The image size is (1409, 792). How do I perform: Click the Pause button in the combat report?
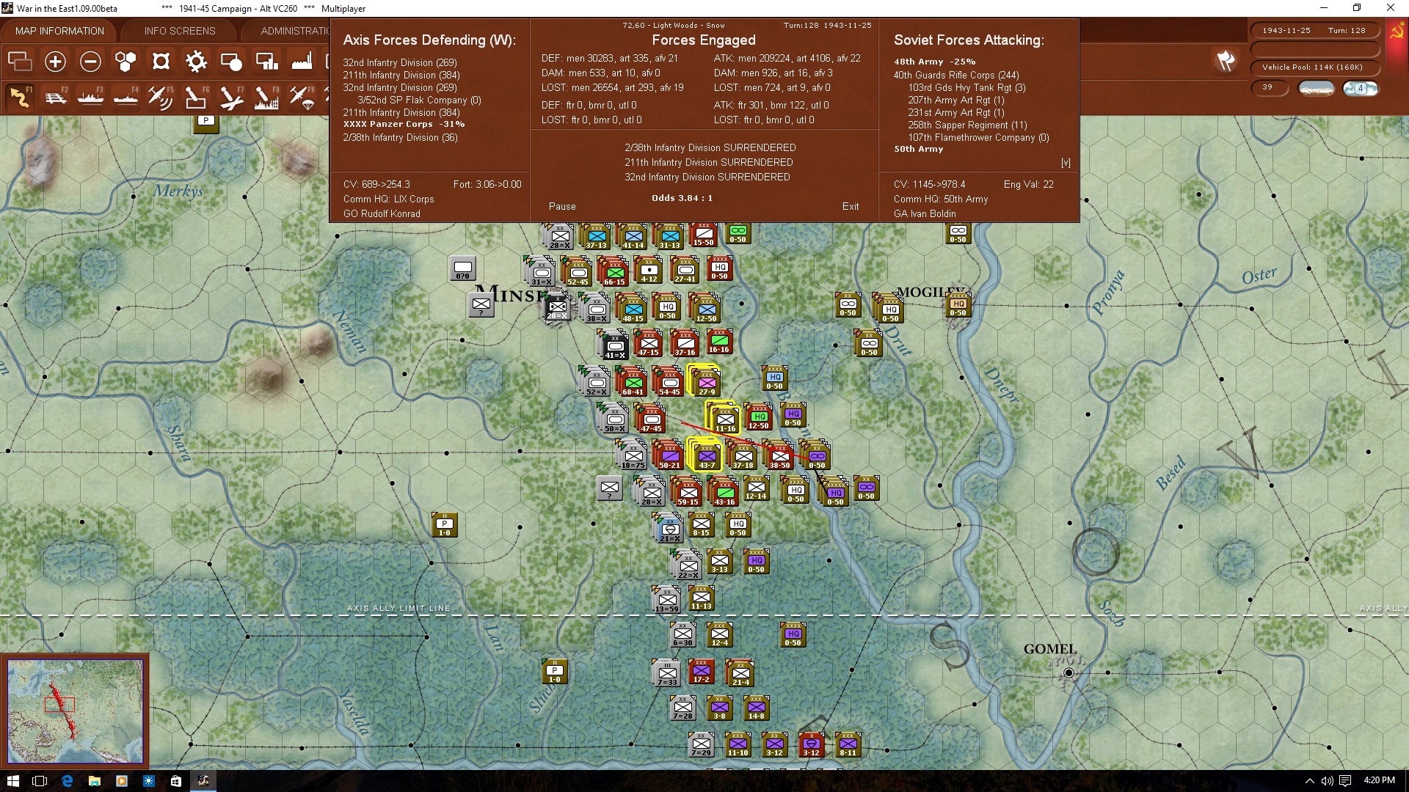pos(562,207)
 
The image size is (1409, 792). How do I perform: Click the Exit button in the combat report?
pos(851,207)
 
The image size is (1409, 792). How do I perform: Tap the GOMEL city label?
pos(1049,649)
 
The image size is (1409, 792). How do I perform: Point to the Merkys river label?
pos(178,191)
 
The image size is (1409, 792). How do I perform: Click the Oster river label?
pos(1259,276)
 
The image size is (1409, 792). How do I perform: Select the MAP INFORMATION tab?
pos(59,31)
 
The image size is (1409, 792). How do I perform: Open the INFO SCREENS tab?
pos(180,31)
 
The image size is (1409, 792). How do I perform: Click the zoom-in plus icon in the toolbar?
pos(55,62)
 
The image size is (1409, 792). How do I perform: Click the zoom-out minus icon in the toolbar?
pos(90,62)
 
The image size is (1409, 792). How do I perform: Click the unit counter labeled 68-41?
pos(633,382)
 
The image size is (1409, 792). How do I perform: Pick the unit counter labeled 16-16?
pos(719,342)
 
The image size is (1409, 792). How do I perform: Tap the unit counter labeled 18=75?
pos(633,455)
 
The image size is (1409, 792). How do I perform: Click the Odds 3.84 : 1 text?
pos(682,198)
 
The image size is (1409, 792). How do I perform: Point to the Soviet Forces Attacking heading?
pos(969,40)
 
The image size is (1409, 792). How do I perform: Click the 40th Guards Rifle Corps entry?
pos(955,75)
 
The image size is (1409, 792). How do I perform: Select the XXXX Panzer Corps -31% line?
pos(404,125)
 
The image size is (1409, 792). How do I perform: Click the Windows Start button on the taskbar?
pos(12,781)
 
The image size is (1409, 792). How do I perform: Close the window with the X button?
pos(1390,8)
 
